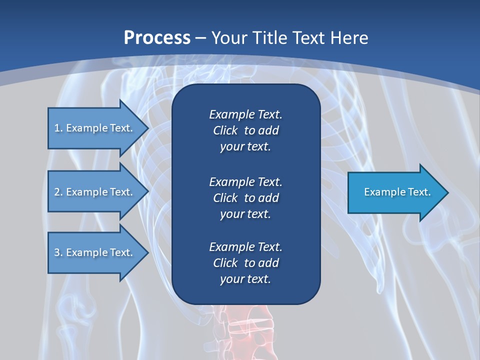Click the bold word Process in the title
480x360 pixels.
point(157,38)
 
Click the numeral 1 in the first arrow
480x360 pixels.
point(56,128)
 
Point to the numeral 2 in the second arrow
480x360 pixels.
point(57,192)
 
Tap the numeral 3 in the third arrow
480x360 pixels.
point(57,252)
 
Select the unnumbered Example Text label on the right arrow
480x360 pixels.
point(397,192)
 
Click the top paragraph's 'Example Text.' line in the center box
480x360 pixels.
point(245,114)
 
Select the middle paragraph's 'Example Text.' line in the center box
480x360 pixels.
point(245,181)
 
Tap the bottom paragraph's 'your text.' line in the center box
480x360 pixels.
point(245,279)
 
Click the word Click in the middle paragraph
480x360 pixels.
point(225,198)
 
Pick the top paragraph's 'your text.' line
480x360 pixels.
point(245,146)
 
